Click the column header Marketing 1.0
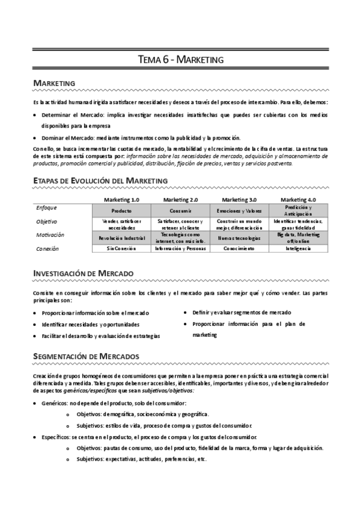click(x=122, y=200)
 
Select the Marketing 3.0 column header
click(x=239, y=200)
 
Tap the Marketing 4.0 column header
click(x=298, y=200)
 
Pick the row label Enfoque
click(x=47, y=207)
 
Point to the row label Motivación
click(x=50, y=235)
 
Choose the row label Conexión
click(x=47, y=248)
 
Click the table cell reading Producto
click(x=122, y=212)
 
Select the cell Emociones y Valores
click(x=239, y=212)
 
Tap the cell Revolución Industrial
click(x=122, y=239)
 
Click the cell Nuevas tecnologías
click(x=239, y=239)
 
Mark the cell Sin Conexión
click(x=122, y=248)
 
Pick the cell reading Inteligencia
click(x=298, y=248)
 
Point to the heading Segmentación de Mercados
click(x=86, y=356)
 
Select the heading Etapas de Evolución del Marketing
click(x=100, y=180)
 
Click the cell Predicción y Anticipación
click(x=298, y=210)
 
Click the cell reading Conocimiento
click(x=239, y=248)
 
